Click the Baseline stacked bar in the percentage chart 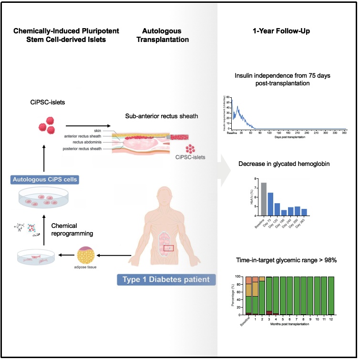tap(248, 296)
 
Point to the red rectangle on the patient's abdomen tap(169, 248)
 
